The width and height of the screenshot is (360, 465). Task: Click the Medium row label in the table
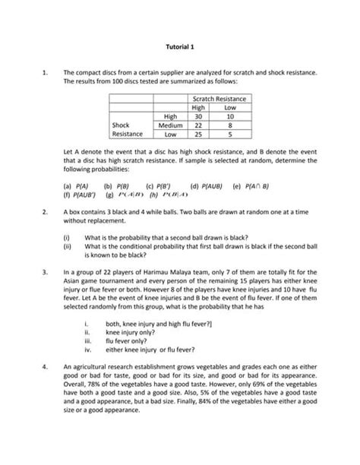click(167, 125)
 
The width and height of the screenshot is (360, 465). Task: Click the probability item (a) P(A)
click(77, 185)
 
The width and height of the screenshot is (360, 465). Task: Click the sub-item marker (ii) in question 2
click(68, 245)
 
